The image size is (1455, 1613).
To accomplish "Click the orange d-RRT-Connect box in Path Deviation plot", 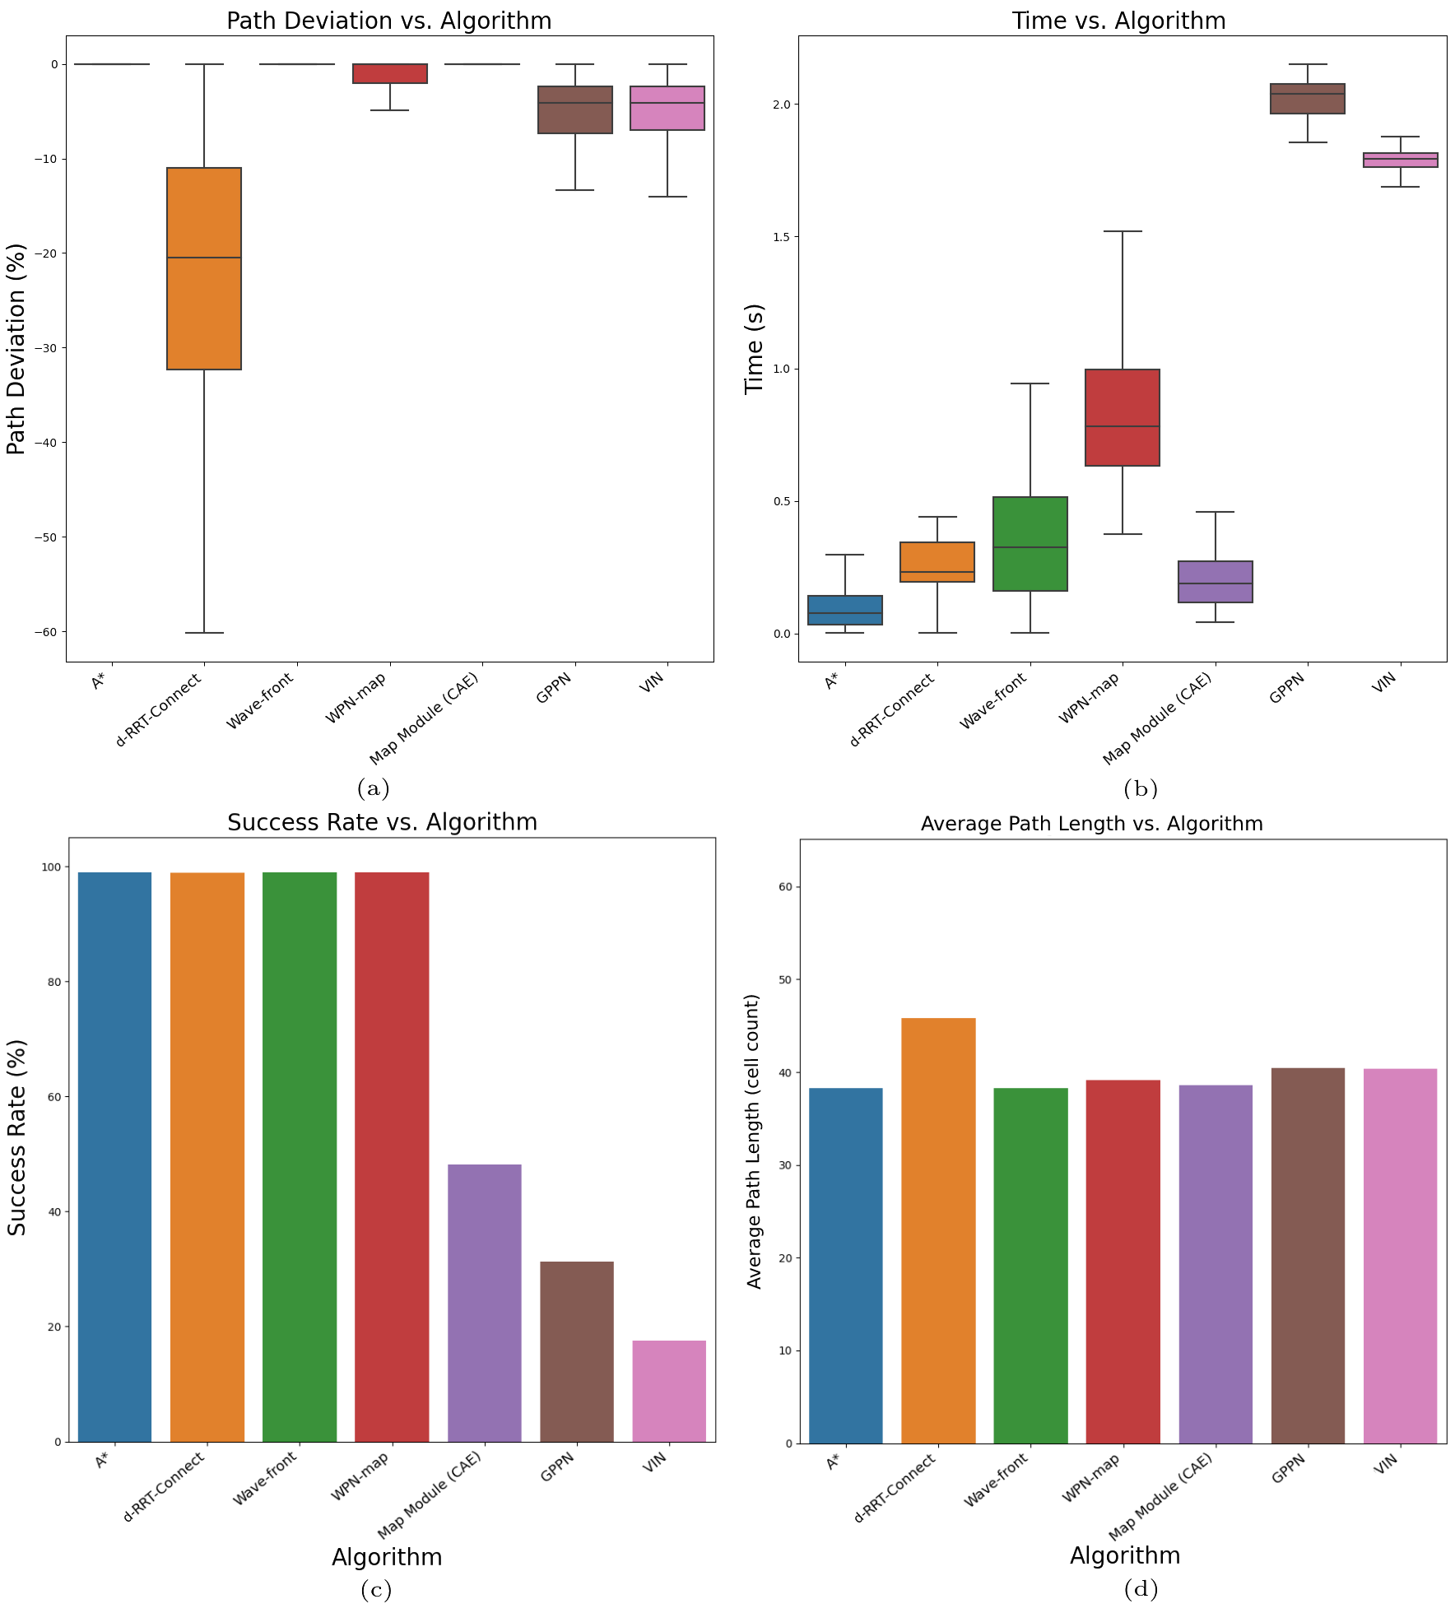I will (204, 268).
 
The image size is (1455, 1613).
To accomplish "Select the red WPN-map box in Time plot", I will (1122, 417).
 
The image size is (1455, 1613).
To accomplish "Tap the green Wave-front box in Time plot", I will (1030, 544).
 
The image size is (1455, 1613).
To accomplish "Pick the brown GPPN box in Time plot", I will (1307, 99).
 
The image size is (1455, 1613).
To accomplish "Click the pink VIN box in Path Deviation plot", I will (667, 108).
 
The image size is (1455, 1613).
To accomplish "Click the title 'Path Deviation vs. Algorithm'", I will (388, 21).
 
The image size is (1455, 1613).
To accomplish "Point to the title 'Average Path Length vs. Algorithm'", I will (1091, 824).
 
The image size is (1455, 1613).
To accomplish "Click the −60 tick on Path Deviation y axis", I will (46, 632).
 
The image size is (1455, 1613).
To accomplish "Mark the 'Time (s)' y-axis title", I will (755, 349).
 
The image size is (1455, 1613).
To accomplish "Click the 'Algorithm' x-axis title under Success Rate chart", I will (387, 1557).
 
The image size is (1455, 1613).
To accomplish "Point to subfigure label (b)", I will (1141, 789).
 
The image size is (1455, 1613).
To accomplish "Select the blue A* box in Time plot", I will (844, 610).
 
